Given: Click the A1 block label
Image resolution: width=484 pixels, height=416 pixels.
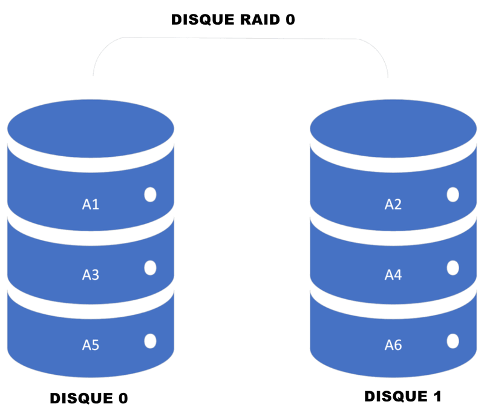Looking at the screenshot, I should (x=91, y=205).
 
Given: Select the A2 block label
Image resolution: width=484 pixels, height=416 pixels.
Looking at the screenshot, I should (x=393, y=205).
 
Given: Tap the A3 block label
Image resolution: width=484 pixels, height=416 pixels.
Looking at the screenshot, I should (x=91, y=276).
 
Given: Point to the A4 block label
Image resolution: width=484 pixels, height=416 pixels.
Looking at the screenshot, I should (x=393, y=276).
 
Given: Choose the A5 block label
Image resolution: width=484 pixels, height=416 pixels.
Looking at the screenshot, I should (x=91, y=346).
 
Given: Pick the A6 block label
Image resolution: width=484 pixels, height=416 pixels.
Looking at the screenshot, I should (x=393, y=346).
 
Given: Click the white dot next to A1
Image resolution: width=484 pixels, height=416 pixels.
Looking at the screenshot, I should (x=150, y=194).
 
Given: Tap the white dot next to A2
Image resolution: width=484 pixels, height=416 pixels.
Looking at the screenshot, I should (x=453, y=194).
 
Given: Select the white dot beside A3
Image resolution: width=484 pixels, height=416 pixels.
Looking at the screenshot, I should (x=150, y=268).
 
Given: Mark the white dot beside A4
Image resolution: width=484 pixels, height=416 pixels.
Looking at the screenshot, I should (x=453, y=268).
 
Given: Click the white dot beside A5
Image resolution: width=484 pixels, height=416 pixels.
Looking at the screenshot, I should (x=150, y=341).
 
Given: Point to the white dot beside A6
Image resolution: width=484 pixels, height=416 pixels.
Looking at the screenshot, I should (x=453, y=341).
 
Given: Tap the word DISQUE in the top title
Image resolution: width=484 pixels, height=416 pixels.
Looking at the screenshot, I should (x=201, y=20).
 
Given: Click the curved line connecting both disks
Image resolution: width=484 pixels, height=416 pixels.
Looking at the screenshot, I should (x=242, y=39).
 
